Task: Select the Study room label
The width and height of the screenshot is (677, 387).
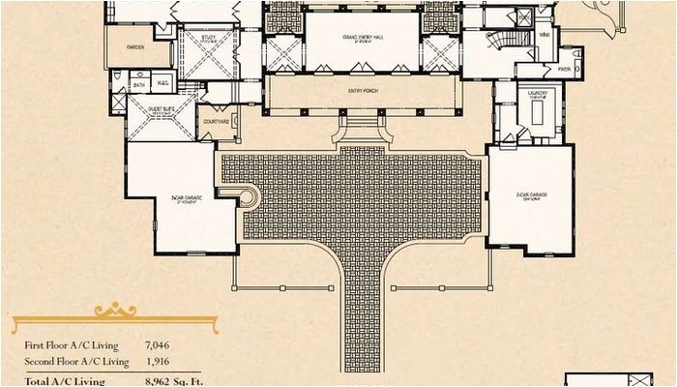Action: click(x=209, y=39)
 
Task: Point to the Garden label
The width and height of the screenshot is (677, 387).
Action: click(x=135, y=45)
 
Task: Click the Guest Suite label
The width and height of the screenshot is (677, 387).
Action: click(x=161, y=109)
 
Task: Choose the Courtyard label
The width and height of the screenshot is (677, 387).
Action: click(x=217, y=122)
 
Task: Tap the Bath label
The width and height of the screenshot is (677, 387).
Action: click(x=139, y=84)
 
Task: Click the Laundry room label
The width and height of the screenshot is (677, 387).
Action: click(x=538, y=95)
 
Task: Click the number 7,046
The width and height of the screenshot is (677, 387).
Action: click(x=158, y=344)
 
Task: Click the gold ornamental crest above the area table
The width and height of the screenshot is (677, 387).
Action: click(x=114, y=312)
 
